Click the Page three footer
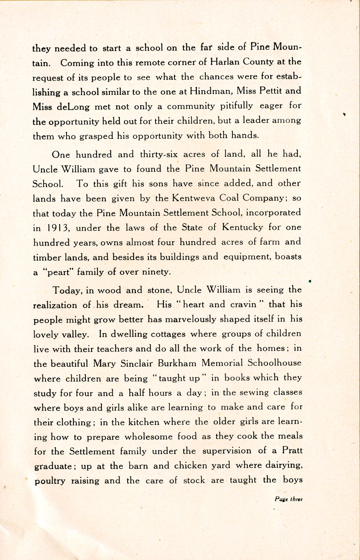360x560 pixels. (288, 499)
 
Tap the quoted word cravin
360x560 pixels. (243, 304)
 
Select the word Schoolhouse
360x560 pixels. (273, 363)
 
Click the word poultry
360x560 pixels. (50, 481)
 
